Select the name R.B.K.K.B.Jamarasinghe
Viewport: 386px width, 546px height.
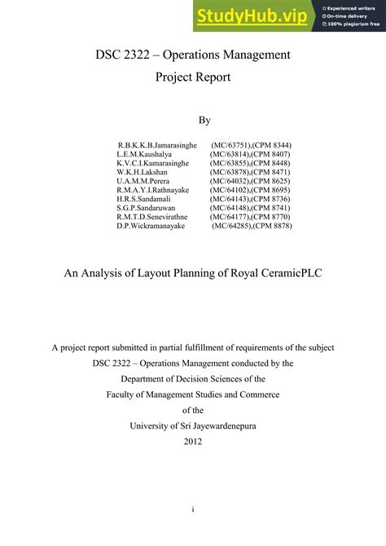tap(157, 145)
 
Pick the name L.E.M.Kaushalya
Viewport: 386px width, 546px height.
tap(144, 154)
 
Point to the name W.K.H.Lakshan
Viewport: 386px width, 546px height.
tap(142, 173)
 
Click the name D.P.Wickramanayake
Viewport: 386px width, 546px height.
tap(151, 226)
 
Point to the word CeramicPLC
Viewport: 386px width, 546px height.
tap(289, 274)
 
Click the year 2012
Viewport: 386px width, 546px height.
tap(192, 442)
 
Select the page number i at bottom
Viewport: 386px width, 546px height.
tap(192, 509)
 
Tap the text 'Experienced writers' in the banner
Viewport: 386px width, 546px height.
tap(353, 7)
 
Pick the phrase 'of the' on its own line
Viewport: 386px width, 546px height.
tap(192, 410)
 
